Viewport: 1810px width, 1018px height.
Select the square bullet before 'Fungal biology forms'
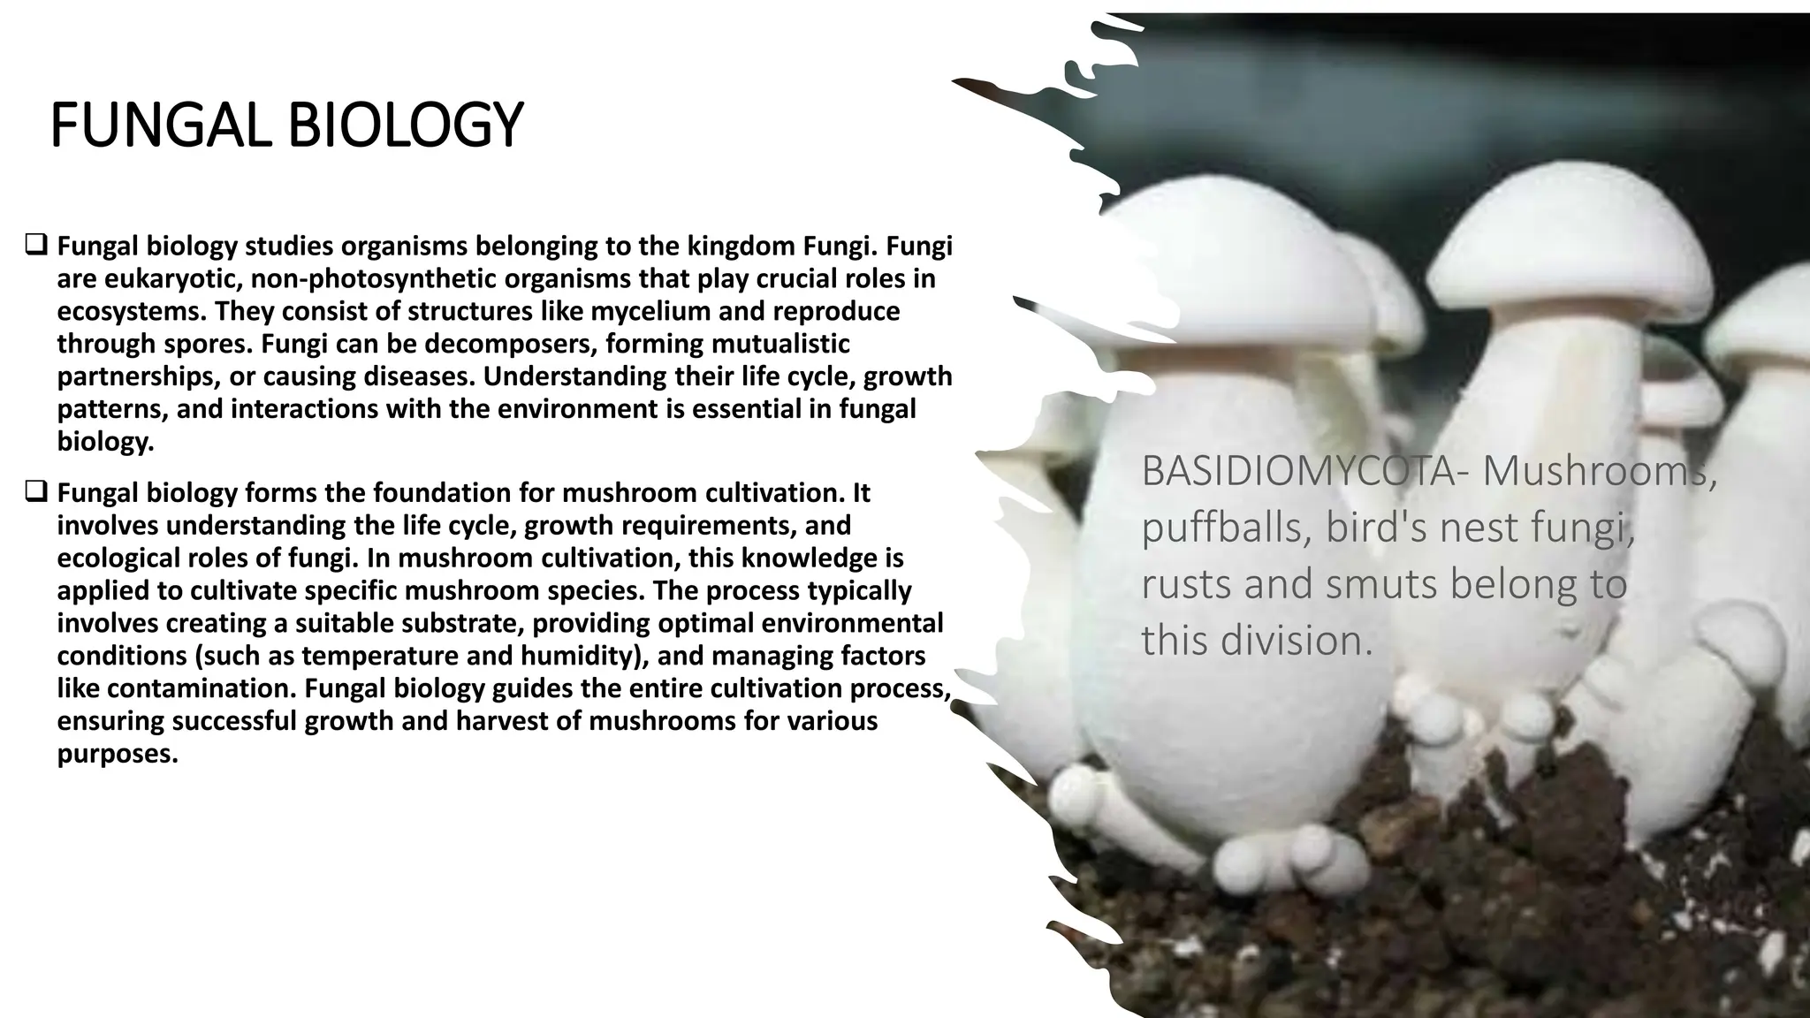point(36,491)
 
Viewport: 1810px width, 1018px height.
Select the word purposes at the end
point(116,754)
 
